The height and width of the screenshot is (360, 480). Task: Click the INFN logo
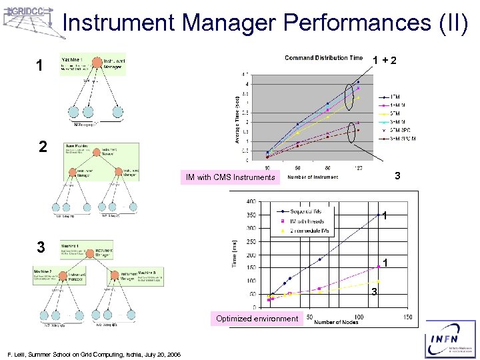coord(451,339)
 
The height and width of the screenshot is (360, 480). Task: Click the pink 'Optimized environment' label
coord(257,319)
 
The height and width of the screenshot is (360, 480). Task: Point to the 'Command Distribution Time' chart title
coord(324,58)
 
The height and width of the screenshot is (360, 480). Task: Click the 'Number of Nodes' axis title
coord(337,323)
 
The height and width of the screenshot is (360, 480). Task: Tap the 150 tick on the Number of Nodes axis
coord(407,317)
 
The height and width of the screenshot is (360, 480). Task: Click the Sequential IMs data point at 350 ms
coord(378,215)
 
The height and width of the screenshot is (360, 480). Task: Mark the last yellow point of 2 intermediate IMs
coord(378,281)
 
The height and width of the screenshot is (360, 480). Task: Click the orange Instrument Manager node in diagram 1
coord(97,63)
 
